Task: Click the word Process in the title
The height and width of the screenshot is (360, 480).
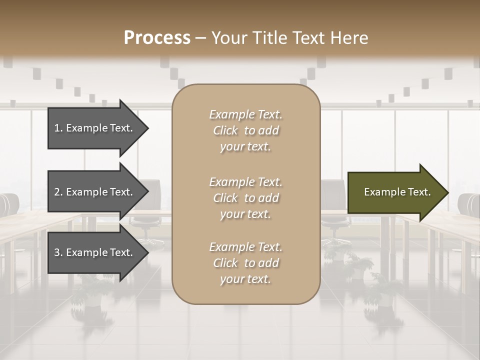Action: (157, 38)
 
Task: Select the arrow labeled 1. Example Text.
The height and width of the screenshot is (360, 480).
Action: (95, 128)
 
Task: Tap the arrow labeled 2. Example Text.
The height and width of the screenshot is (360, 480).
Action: (95, 192)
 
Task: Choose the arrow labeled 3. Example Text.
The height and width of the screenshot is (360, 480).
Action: (95, 253)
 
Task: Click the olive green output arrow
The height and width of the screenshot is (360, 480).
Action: (395, 192)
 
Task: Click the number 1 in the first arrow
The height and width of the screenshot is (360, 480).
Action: (57, 128)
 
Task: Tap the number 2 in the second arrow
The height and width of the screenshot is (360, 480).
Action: (57, 192)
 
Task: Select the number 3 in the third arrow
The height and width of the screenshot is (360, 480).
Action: (57, 253)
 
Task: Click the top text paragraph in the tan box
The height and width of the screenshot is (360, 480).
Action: (245, 130)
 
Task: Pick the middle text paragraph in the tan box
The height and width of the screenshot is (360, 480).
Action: (245, 198)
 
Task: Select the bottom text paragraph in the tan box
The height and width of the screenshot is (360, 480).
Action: (245, 263)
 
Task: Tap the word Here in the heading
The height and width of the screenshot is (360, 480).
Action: (349, 38)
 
